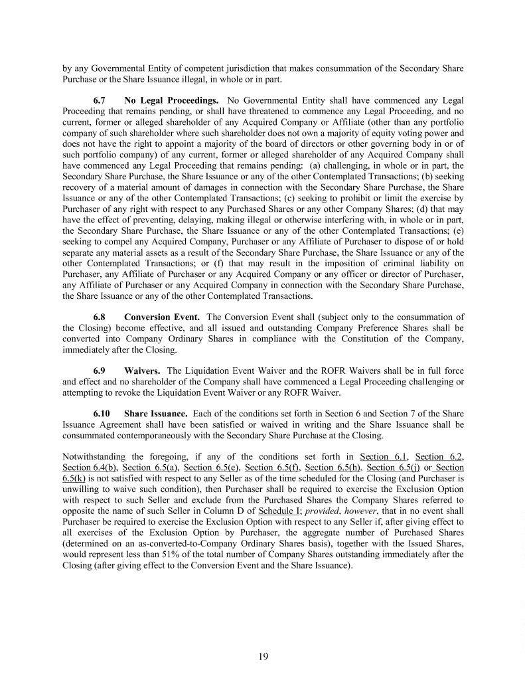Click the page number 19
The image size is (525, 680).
coord(263,657)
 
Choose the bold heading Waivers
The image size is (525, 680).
coord(143,369)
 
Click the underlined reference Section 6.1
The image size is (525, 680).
coord(382,456)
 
